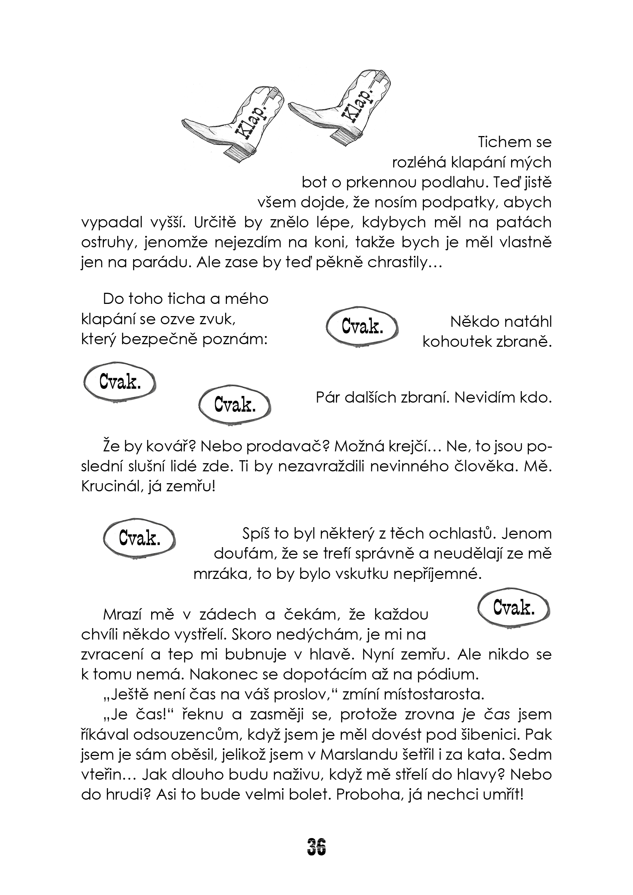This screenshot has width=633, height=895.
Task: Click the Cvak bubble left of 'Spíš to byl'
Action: (x=140, y=539)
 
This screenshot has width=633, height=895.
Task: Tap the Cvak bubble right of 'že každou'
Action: (x=513, y=608)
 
